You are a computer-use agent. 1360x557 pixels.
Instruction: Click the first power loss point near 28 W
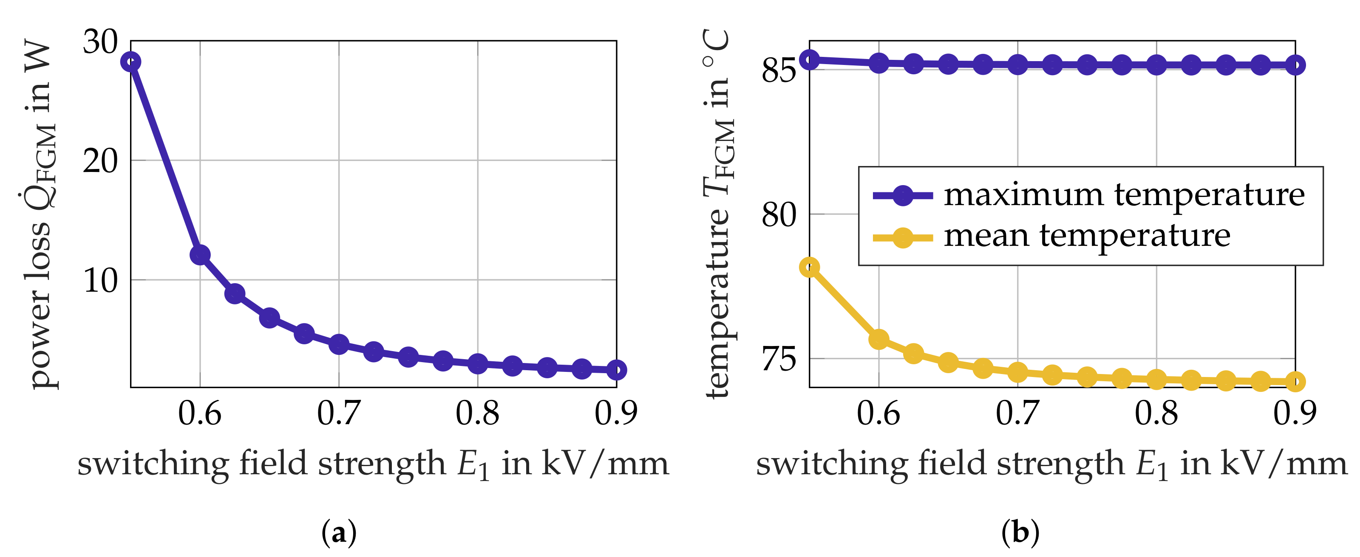130,62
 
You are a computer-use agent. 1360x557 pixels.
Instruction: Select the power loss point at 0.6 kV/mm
200,255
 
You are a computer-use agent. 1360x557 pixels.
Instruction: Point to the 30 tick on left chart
100,42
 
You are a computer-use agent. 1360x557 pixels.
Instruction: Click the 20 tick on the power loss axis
100,161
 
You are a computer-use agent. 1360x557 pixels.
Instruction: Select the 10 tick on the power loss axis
100,281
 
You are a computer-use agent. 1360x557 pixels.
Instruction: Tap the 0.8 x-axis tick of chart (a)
477,413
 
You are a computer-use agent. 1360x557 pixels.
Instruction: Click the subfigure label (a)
338,532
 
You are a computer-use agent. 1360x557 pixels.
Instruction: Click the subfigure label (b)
1020,532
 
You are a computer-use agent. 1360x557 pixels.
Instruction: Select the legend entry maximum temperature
1123,195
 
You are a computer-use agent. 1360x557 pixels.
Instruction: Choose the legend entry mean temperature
1087,236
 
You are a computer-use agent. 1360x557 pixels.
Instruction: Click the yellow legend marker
903,238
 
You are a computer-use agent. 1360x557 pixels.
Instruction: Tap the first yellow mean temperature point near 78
809,267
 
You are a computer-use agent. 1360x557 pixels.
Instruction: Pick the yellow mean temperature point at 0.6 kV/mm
878,339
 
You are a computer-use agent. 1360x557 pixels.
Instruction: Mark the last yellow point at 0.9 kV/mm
1295,381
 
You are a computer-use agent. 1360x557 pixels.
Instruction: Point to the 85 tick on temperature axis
778,70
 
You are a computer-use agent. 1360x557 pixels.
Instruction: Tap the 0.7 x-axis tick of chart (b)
1017,413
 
